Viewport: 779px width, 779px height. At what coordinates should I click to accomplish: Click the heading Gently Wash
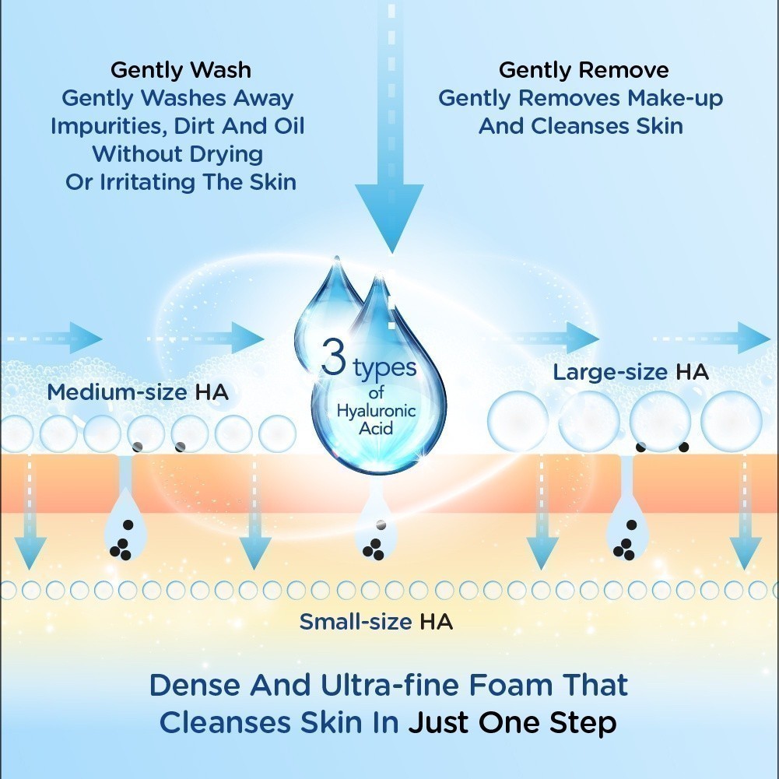click(x=181, y=69)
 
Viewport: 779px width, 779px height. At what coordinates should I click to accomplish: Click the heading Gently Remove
click(x=583, y=69)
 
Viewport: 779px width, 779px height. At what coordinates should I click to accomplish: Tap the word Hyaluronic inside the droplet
click(x=367, y=411)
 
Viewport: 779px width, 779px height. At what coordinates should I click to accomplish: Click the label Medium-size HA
click(x=138, y=391)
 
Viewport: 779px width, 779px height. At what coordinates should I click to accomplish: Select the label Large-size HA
click(x=630, y=372)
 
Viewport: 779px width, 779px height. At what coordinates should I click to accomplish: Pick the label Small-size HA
click(x=376, y=622)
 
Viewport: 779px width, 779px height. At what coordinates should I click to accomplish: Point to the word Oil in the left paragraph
click(x=286, y=125)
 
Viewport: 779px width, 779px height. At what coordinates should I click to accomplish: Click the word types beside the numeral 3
click(x=384, y=367)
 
